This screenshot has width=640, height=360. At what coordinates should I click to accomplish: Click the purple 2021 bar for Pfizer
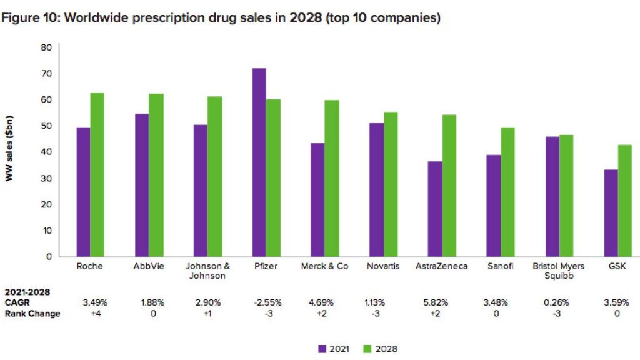click(259, 162)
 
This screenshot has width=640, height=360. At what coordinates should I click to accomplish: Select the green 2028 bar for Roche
click(97, 174)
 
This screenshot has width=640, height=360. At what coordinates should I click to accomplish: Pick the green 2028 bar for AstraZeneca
click(449, 186)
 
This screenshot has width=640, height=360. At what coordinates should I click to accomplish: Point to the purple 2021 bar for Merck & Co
click(317, 200)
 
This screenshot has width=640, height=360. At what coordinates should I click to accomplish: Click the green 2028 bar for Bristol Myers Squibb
click(566, 196)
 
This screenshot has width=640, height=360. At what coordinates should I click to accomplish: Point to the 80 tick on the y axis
click(46, 47)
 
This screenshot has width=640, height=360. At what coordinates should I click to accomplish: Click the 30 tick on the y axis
click(46, 178)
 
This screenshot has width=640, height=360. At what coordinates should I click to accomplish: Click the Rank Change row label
click(32, 314)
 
